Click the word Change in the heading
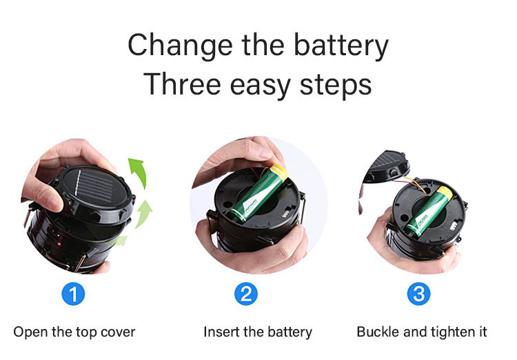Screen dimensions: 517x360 click(x=180, y=46)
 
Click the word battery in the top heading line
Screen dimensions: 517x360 click(x=341, y=46)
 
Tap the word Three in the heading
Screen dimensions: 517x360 click(x=182, y=83)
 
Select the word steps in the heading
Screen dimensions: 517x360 click(x=335, y=85)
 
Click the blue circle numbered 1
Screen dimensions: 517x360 click(x=73, y=294)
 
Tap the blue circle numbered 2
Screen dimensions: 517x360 click(x=246, y=294)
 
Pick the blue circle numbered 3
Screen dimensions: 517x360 click(x=418, y=294)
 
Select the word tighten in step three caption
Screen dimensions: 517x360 click(x=451, y=332)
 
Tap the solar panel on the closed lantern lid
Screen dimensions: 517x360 click(x=93, y=188)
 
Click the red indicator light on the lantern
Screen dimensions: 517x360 click(x=59, y=244)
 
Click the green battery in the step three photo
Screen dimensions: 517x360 click(x=428, y=212)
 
